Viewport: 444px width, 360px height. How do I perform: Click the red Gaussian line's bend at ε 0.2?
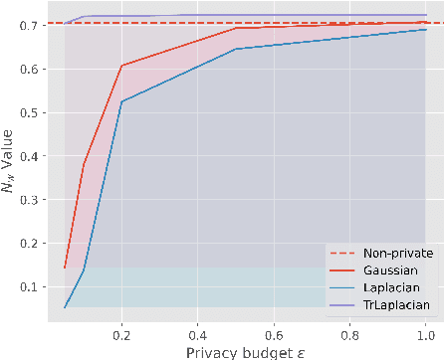[x=121, y=66]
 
